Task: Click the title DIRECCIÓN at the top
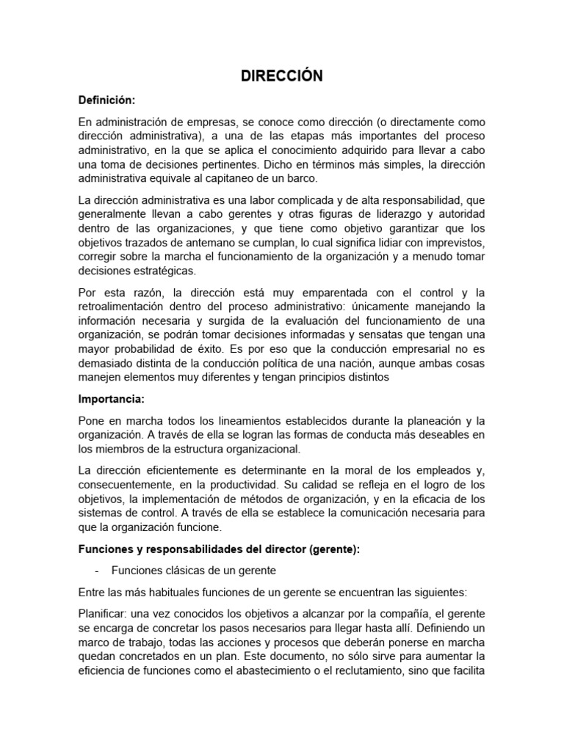click(283, 76)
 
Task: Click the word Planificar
click(103, 613)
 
